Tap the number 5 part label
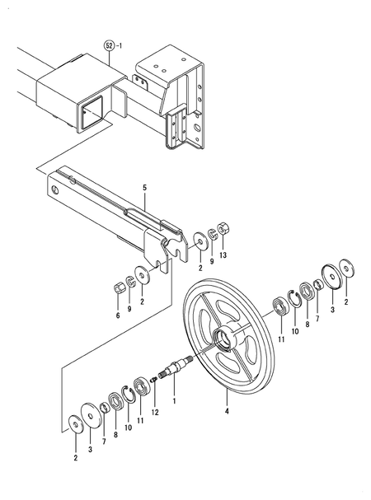coord(143,188)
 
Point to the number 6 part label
coord(117,315)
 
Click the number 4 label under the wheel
coord(227,408)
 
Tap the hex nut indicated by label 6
coord(118,287)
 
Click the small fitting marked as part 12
coord(154,383)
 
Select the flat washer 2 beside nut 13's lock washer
coord(200,241)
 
